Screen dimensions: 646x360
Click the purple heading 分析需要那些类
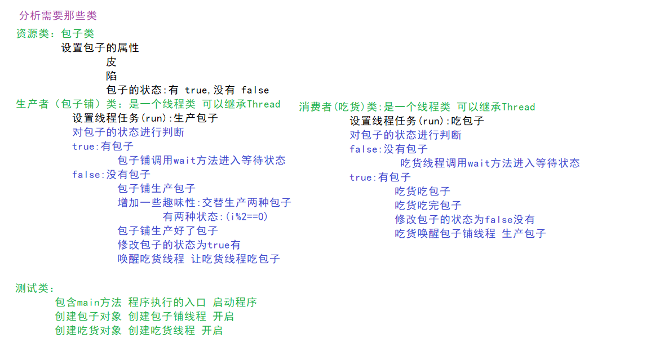click(x=57, y=15)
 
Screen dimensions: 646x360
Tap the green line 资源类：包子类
click(x=55, y=34)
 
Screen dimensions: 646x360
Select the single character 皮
click(x=111, y=62)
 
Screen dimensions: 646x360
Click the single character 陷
click(x=111, y=76)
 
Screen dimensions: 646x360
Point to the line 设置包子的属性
click(x=100, y=48)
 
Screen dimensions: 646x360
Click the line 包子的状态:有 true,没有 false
click(x=187, y=90)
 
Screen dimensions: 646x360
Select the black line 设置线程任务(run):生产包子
click(x=145, y=118)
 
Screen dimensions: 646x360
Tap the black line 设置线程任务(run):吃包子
click(x=417, y=121)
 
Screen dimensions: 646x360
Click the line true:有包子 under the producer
click(x=103, y=146)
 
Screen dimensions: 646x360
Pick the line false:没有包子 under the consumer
click(x=388, y=149)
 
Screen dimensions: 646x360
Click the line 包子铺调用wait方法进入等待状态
click(x=201, y=161)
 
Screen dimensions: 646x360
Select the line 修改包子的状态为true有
click(x=179, y=245)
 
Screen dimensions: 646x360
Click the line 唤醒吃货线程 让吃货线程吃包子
click(x=198, y=259)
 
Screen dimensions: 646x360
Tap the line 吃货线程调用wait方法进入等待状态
click(x=490, y=163)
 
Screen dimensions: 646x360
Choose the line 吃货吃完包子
click(x=428, y=206)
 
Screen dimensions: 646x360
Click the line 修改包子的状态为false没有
click(x=464, y=220)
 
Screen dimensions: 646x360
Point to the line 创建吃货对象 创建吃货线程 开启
click(x=139, y=331)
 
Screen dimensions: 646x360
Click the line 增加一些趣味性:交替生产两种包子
click(x=204, y=203)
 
